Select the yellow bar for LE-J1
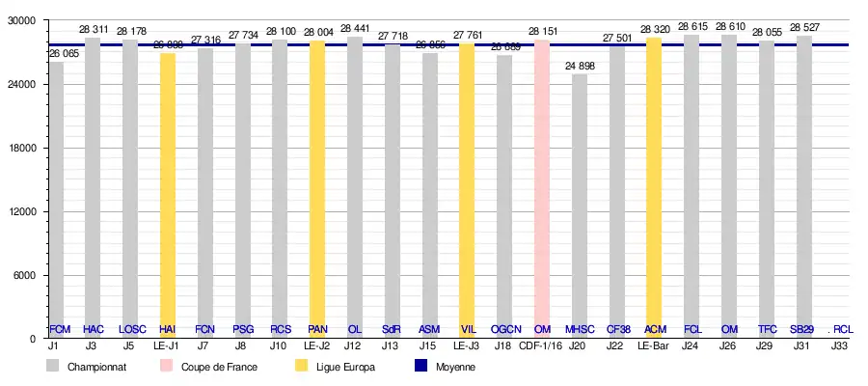(x=168, y=193)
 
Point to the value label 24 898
(x=580, y=66)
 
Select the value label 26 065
(x=64, y=54)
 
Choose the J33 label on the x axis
(x=840, y=345)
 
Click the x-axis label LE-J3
(x=467, y=345)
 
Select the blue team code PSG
(x=243, y=329)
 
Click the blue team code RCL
(x=842, y=329)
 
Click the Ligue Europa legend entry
(x=342, y=368)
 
